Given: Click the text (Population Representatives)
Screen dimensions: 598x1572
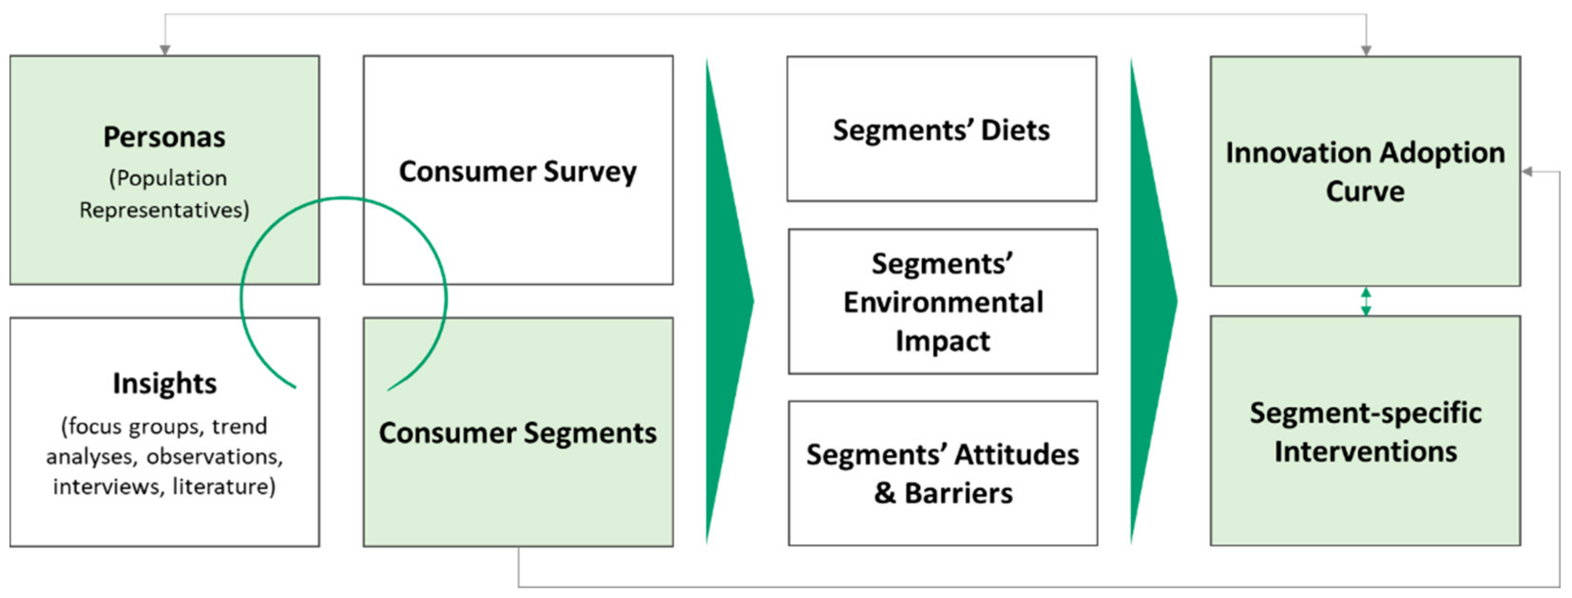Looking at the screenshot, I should coord(165,194).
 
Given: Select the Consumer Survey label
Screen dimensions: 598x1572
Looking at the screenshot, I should coord(518,171).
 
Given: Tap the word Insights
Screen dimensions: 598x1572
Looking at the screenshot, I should coord(165,384).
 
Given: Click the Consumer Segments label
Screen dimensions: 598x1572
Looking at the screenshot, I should coord(518,433).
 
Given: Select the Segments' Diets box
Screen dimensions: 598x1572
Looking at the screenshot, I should coord(941,129).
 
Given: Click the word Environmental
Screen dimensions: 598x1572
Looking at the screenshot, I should coord(943,302).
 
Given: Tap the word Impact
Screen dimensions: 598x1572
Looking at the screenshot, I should coord(943,341).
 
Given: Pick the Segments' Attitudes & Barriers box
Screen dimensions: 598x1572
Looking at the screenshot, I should coord(943,473).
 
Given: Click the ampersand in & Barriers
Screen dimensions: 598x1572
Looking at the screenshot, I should coord(884,493).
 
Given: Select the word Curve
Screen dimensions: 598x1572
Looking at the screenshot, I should coord(1365,191).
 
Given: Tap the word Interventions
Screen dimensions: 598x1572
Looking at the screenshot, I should coord(1365,452).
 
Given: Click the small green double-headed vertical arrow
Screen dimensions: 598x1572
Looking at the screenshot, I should coord(1366,302).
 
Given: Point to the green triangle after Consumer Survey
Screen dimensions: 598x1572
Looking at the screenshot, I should coord(726,301).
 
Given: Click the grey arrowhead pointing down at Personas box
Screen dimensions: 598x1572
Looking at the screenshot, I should coord(165,50).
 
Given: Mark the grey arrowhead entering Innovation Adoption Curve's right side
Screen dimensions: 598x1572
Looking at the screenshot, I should coord(1527,171).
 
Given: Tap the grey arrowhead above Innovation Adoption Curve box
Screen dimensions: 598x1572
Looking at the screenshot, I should coord(1366,50).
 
